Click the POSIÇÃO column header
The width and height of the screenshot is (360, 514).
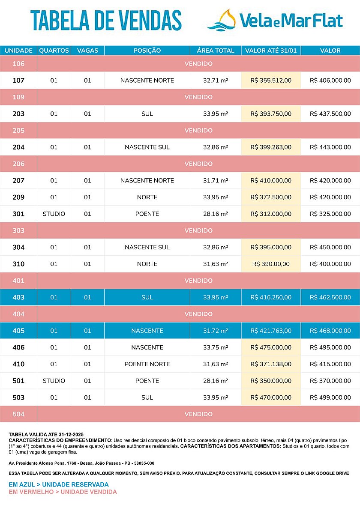point(147,51)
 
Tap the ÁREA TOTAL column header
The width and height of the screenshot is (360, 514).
point(216,51)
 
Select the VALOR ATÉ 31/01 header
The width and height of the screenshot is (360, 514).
point(271,51)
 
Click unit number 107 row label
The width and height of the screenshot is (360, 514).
point(18,81)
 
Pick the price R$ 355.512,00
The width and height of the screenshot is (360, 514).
point(271,81)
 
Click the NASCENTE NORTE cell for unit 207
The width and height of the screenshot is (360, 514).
point(147,181)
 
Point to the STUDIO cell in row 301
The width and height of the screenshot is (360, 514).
point(54,214)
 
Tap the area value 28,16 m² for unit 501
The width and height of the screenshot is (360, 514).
point(216,381)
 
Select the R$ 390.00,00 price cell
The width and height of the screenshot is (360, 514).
point(271,264)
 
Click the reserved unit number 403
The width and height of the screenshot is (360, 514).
point(18,297)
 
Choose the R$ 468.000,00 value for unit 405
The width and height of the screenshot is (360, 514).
point(330,331)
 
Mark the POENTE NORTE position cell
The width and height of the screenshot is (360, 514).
point(147,364)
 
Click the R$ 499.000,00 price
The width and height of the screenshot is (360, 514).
point(330,397)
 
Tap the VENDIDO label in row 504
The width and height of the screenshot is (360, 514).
point(198,414)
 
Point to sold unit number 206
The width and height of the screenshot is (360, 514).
point(18,164)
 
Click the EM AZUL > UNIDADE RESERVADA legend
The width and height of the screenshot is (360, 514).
point(59,484)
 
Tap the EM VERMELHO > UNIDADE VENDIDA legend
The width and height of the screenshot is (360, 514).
point(63,492)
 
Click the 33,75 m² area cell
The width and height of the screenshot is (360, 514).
point(216,347)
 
